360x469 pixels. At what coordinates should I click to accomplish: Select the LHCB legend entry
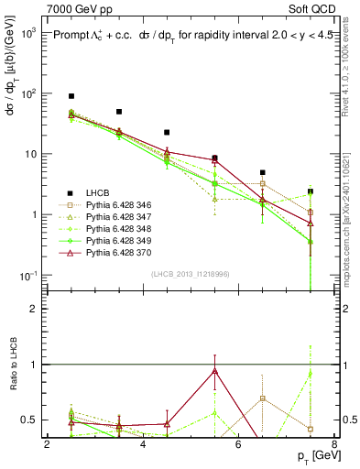point(99,192)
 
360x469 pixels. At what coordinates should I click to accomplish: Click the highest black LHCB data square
point(71,95)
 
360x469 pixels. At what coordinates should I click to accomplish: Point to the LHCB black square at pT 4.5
point(167,132)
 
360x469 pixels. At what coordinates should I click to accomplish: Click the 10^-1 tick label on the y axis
point(27,276)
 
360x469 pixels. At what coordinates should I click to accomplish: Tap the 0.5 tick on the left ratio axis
point(29,420)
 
